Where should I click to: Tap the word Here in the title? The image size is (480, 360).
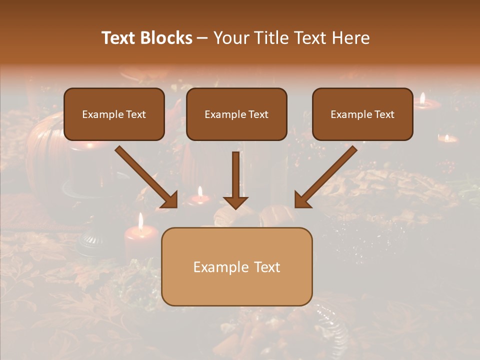350,38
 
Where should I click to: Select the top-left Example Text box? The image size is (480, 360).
114,114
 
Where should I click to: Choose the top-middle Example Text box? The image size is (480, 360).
236,114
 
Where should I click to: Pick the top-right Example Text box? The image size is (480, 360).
362,114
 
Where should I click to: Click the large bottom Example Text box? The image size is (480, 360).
237,266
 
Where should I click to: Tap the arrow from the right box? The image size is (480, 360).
328,174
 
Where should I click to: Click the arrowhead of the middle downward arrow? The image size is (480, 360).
236,202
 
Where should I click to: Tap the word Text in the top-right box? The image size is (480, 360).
384,114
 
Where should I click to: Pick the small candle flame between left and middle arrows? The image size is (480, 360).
200,191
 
